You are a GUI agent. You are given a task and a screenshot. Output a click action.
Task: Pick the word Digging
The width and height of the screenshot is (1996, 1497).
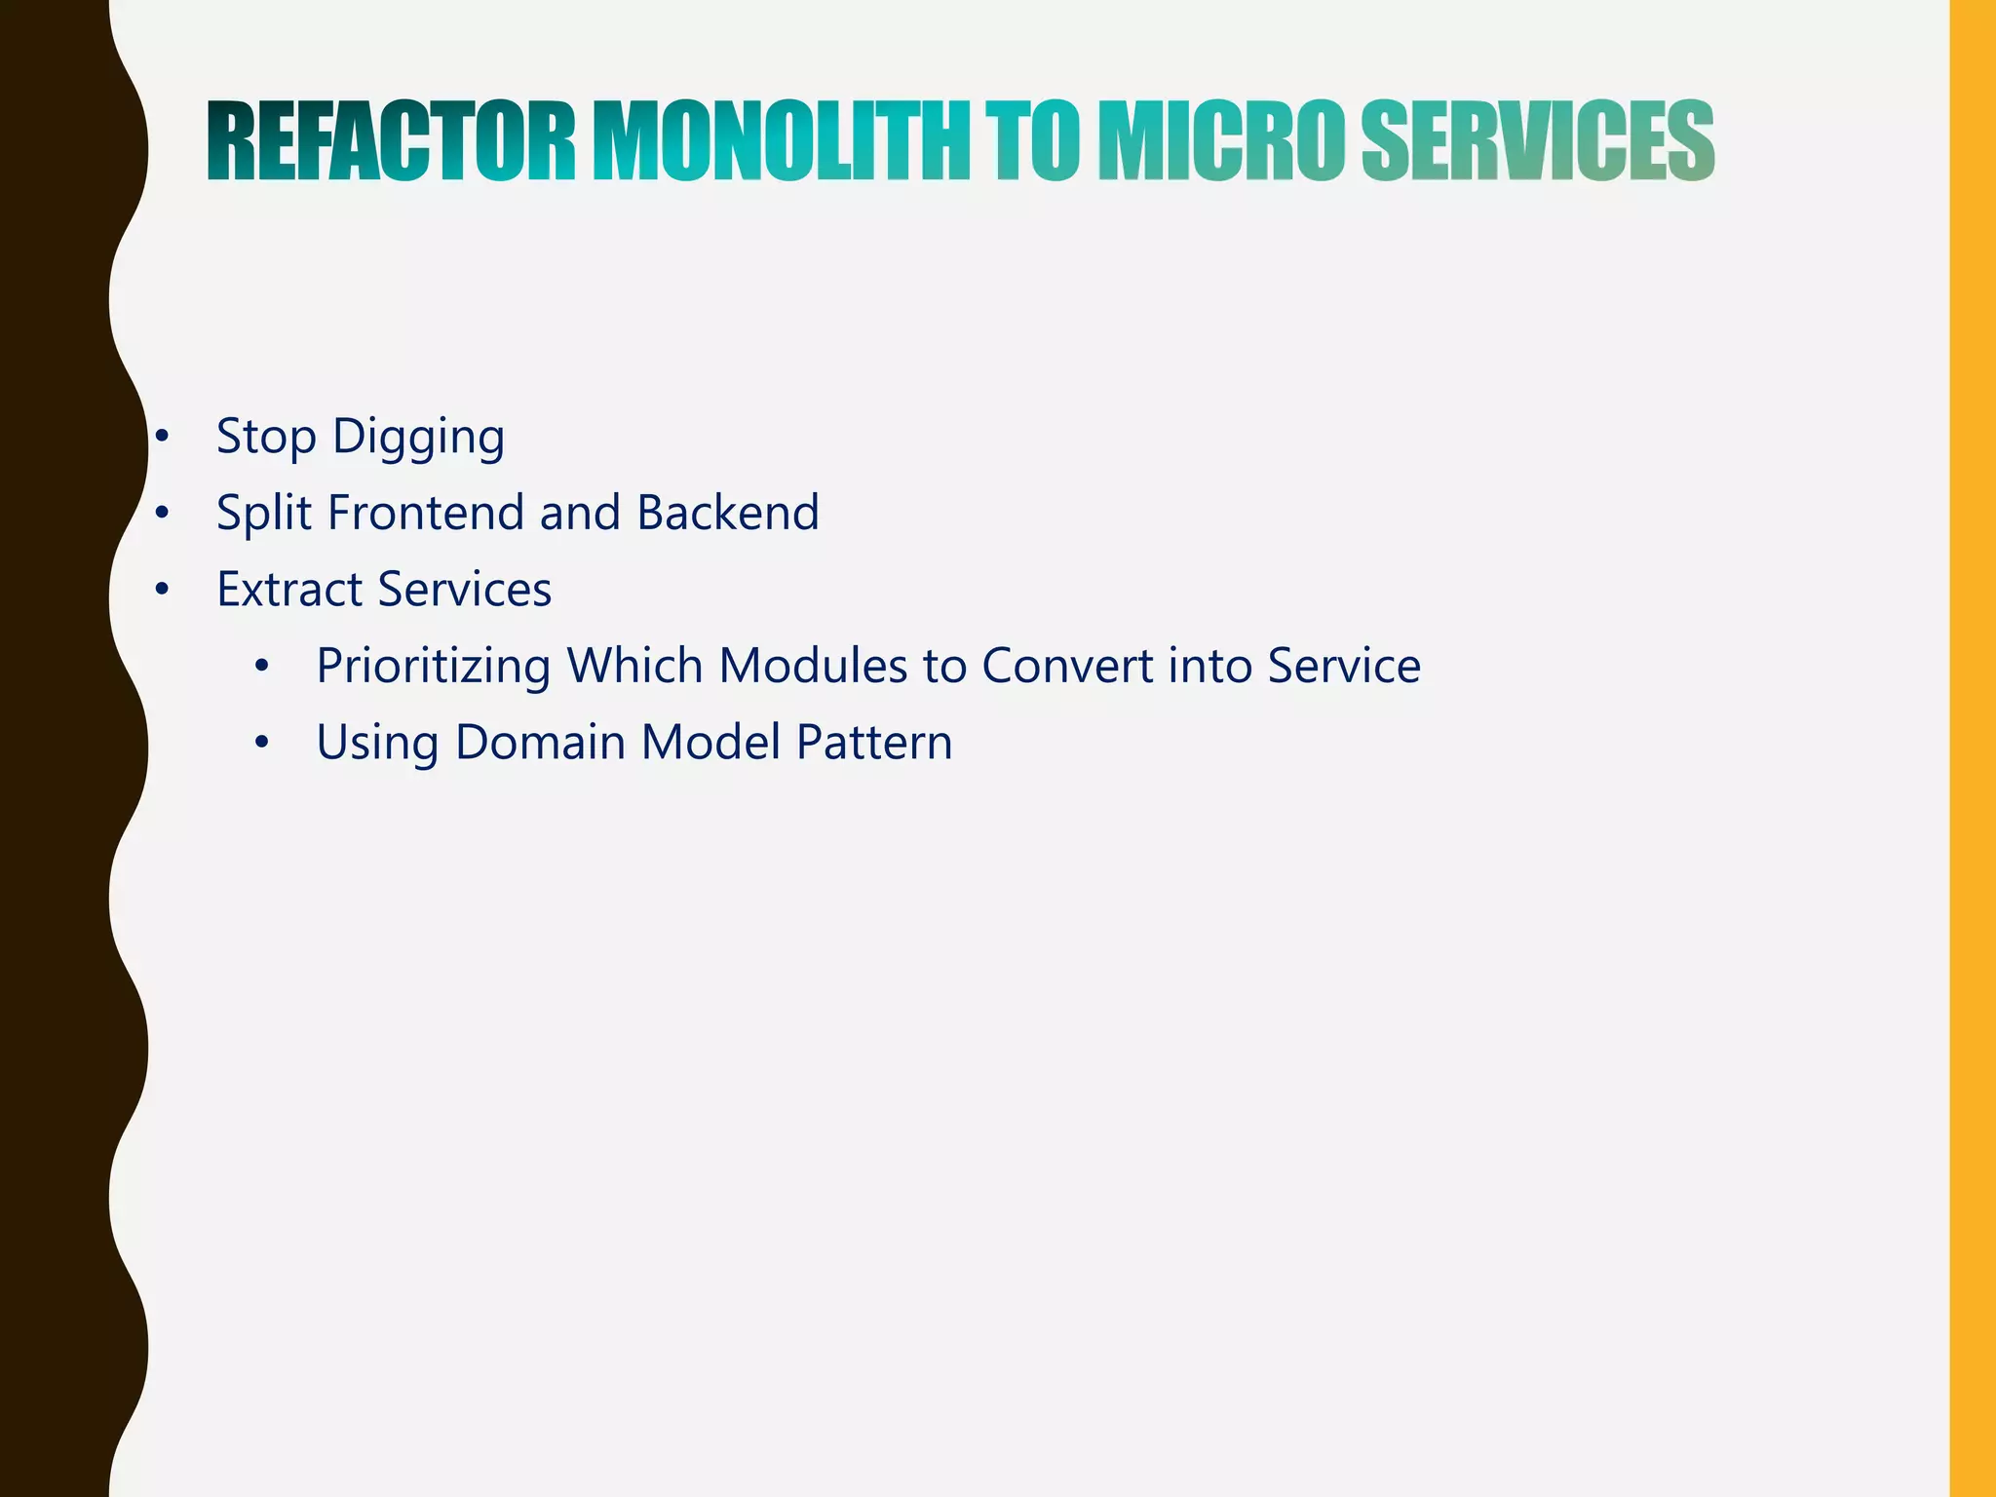click(418, 438)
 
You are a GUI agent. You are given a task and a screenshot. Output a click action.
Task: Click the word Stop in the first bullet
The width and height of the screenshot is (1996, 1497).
click(266, 438)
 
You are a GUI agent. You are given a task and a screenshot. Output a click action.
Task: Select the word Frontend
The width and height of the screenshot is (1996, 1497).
click(426, 513)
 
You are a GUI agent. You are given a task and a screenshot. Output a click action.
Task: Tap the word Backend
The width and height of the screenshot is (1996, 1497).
click(728, 513)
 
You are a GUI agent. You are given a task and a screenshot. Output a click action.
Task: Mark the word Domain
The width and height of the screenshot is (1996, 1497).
click(540, 743)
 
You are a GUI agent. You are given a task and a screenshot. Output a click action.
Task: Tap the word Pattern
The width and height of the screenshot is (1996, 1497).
click(874, 743)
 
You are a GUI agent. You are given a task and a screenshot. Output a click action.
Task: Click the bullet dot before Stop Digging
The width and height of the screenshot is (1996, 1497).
click(163, 437)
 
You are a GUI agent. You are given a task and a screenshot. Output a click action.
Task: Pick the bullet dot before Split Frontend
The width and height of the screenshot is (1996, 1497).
click(163, 513)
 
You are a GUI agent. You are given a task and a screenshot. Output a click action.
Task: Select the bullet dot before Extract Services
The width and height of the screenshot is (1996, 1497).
click(163, 590)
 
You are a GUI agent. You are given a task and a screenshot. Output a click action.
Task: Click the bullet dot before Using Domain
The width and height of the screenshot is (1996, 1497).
click(261, 744)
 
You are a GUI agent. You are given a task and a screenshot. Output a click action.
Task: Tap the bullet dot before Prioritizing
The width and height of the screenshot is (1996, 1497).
click(261, 668)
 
